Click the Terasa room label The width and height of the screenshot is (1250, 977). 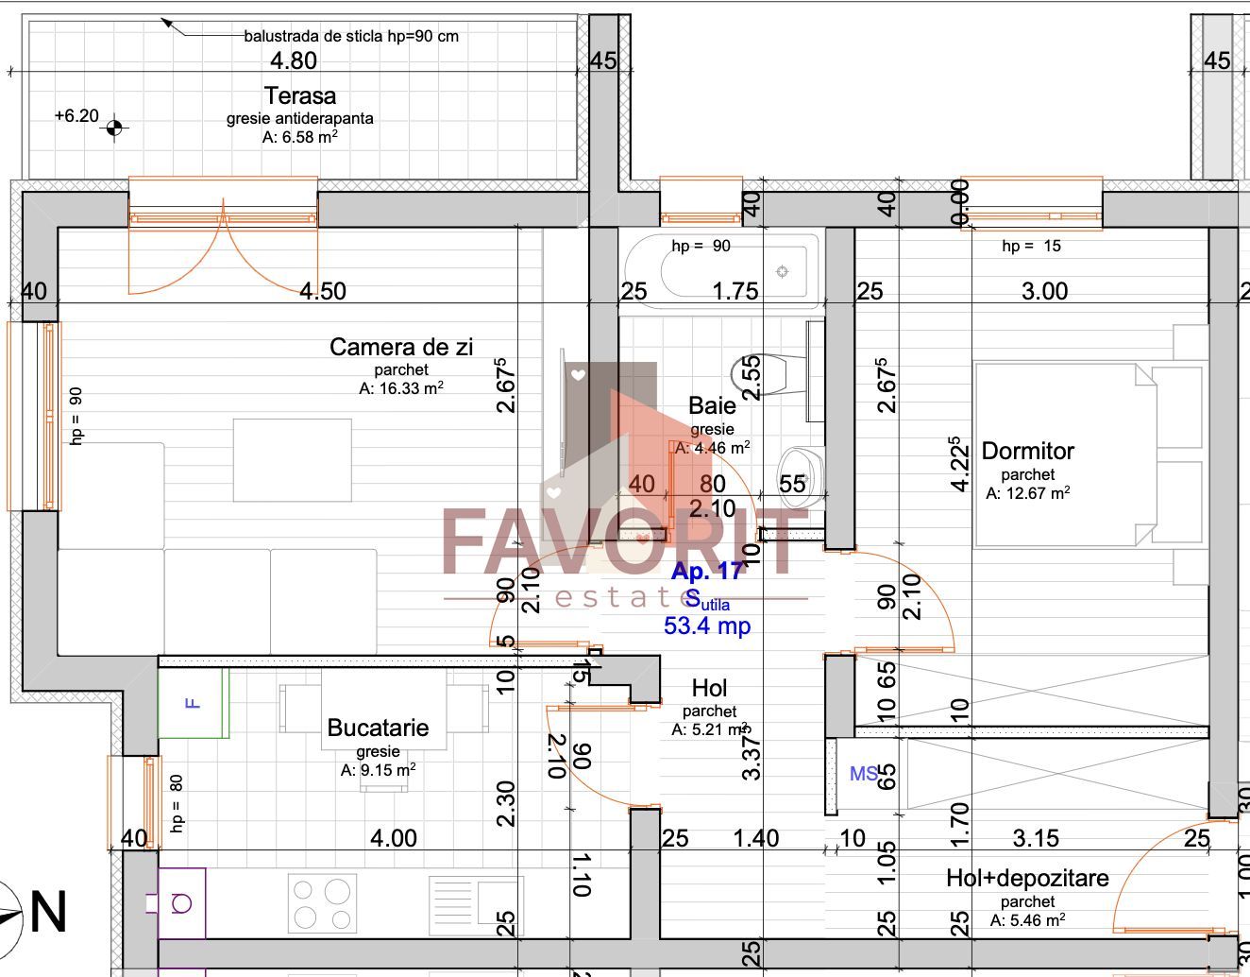pyautogui.click(x=299, y=95)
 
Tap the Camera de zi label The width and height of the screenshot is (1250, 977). pyautogui.click(x=400, y=347)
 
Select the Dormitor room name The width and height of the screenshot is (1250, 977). pyautogui.click(x=1027, y=451)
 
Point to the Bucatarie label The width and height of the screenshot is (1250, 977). pyautogui.click(x=378, y=728)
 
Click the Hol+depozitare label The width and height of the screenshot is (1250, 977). pyautogui.click(x=1027, y=878)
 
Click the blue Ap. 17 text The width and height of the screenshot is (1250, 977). pyautogui.click(x=707, y=571)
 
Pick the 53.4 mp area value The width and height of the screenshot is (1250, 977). pyautogui.click(x=707, y=626)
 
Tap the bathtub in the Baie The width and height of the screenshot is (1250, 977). pyautogui.click(x=722, y=271)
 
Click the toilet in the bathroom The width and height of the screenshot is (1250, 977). pyautogui.click(x=772, y=374)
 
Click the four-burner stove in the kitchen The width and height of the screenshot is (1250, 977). pyautogui.click(x=322, y=904)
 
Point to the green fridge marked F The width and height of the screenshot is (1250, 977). pyautogui.click(x=194, y=703)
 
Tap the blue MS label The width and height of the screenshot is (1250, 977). pyautogui.click(x=863, y=774)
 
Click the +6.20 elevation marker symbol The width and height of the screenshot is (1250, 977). pyautogui.click(x=114, y=127)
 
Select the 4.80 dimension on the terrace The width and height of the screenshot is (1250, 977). pyautogui.click(x=294, y=60)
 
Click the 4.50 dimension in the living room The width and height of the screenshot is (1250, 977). pyautogui.click(x=323, y=291)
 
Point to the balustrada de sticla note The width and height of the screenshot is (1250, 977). pyautogui.click(x=351, y=36)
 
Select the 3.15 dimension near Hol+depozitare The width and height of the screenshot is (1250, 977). pyautogui.click(x=1036, y=838)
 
